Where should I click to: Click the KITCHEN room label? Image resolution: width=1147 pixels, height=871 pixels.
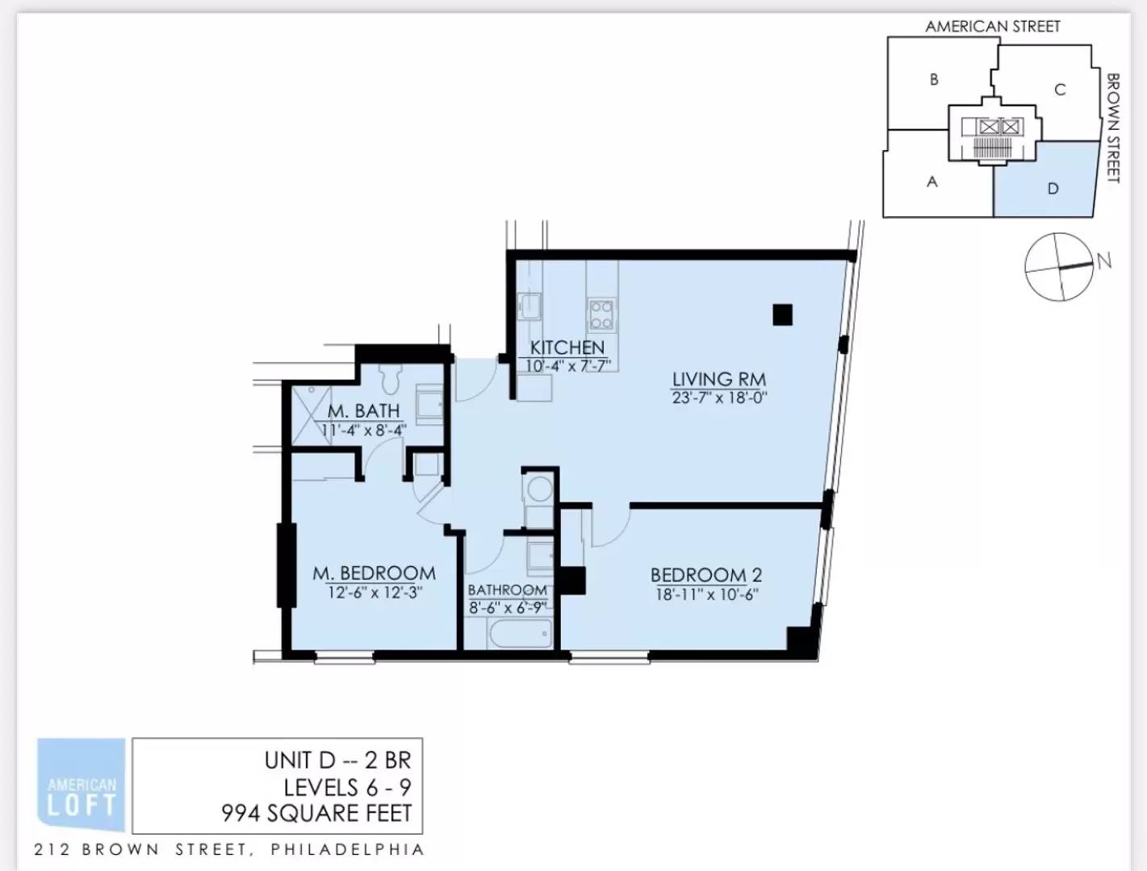[567, 348]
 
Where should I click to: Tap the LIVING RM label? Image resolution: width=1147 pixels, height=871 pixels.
[719, 379]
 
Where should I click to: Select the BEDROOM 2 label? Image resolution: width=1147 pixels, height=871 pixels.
[706, 575]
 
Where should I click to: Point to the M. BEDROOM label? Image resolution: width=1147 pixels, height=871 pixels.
[375, 573]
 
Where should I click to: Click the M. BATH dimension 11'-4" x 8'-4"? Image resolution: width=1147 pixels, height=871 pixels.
[364, 431]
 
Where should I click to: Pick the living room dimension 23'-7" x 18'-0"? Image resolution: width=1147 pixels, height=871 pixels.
[719, 398]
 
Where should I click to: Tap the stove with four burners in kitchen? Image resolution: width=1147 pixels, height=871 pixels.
[601, 315]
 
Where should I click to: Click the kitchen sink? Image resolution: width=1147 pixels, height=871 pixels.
[530, 306]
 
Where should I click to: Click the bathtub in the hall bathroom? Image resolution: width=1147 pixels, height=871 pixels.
[521, 634]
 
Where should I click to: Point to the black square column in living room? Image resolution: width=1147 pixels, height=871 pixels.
[782, 315]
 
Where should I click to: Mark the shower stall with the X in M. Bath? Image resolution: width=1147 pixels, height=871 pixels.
[311, 415]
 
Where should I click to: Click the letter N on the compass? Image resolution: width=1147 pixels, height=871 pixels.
[1103, 261]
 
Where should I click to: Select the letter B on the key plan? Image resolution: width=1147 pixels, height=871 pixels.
[934, 80]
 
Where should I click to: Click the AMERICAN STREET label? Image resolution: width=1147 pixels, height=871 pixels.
[992, 27]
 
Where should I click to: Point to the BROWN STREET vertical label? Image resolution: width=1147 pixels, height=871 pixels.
[1113, 128]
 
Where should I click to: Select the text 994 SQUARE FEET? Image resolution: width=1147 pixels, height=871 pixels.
[316, 814]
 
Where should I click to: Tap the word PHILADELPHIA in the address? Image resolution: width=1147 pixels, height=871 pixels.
[348, 850]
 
